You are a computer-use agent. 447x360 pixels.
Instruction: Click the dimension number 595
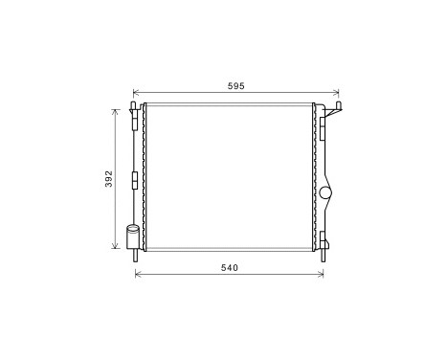tap(236, 86)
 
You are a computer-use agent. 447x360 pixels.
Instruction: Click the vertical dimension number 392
tap(109, 179)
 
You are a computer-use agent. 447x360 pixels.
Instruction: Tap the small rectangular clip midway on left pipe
tap(134, 178)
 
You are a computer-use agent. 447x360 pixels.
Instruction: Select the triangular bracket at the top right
tap(332, 113)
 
